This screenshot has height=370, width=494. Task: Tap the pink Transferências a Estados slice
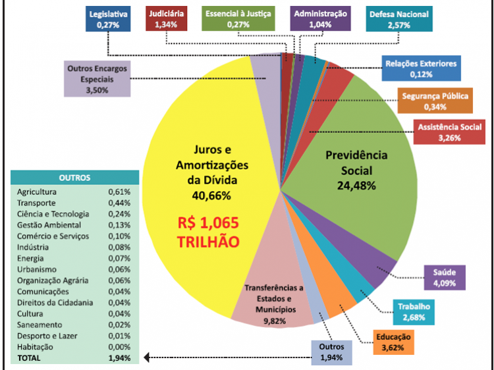click(273, 300)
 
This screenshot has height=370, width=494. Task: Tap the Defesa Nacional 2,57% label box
click(399, 20)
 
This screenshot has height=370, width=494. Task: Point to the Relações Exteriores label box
click(420, 68)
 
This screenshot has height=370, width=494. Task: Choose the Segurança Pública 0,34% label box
click(435, 101)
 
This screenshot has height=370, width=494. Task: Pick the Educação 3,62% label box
click(395, 342)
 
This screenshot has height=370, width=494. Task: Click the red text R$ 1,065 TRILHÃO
click(207, 232)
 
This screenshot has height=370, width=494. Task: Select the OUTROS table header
click(74, 177)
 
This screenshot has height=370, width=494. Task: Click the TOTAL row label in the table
click(29, 358)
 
